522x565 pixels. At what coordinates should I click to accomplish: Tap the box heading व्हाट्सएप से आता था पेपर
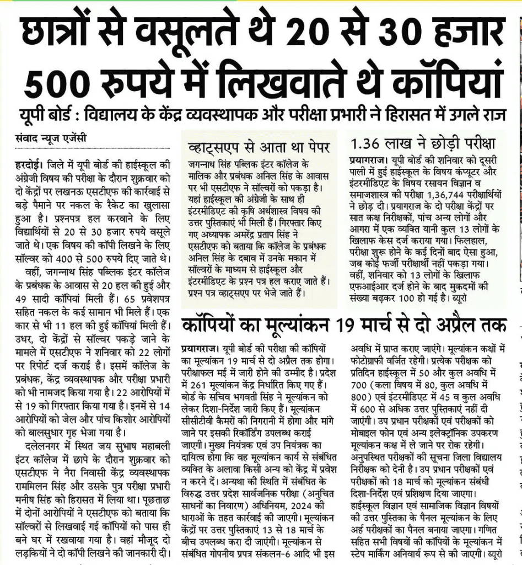coord(259,147)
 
